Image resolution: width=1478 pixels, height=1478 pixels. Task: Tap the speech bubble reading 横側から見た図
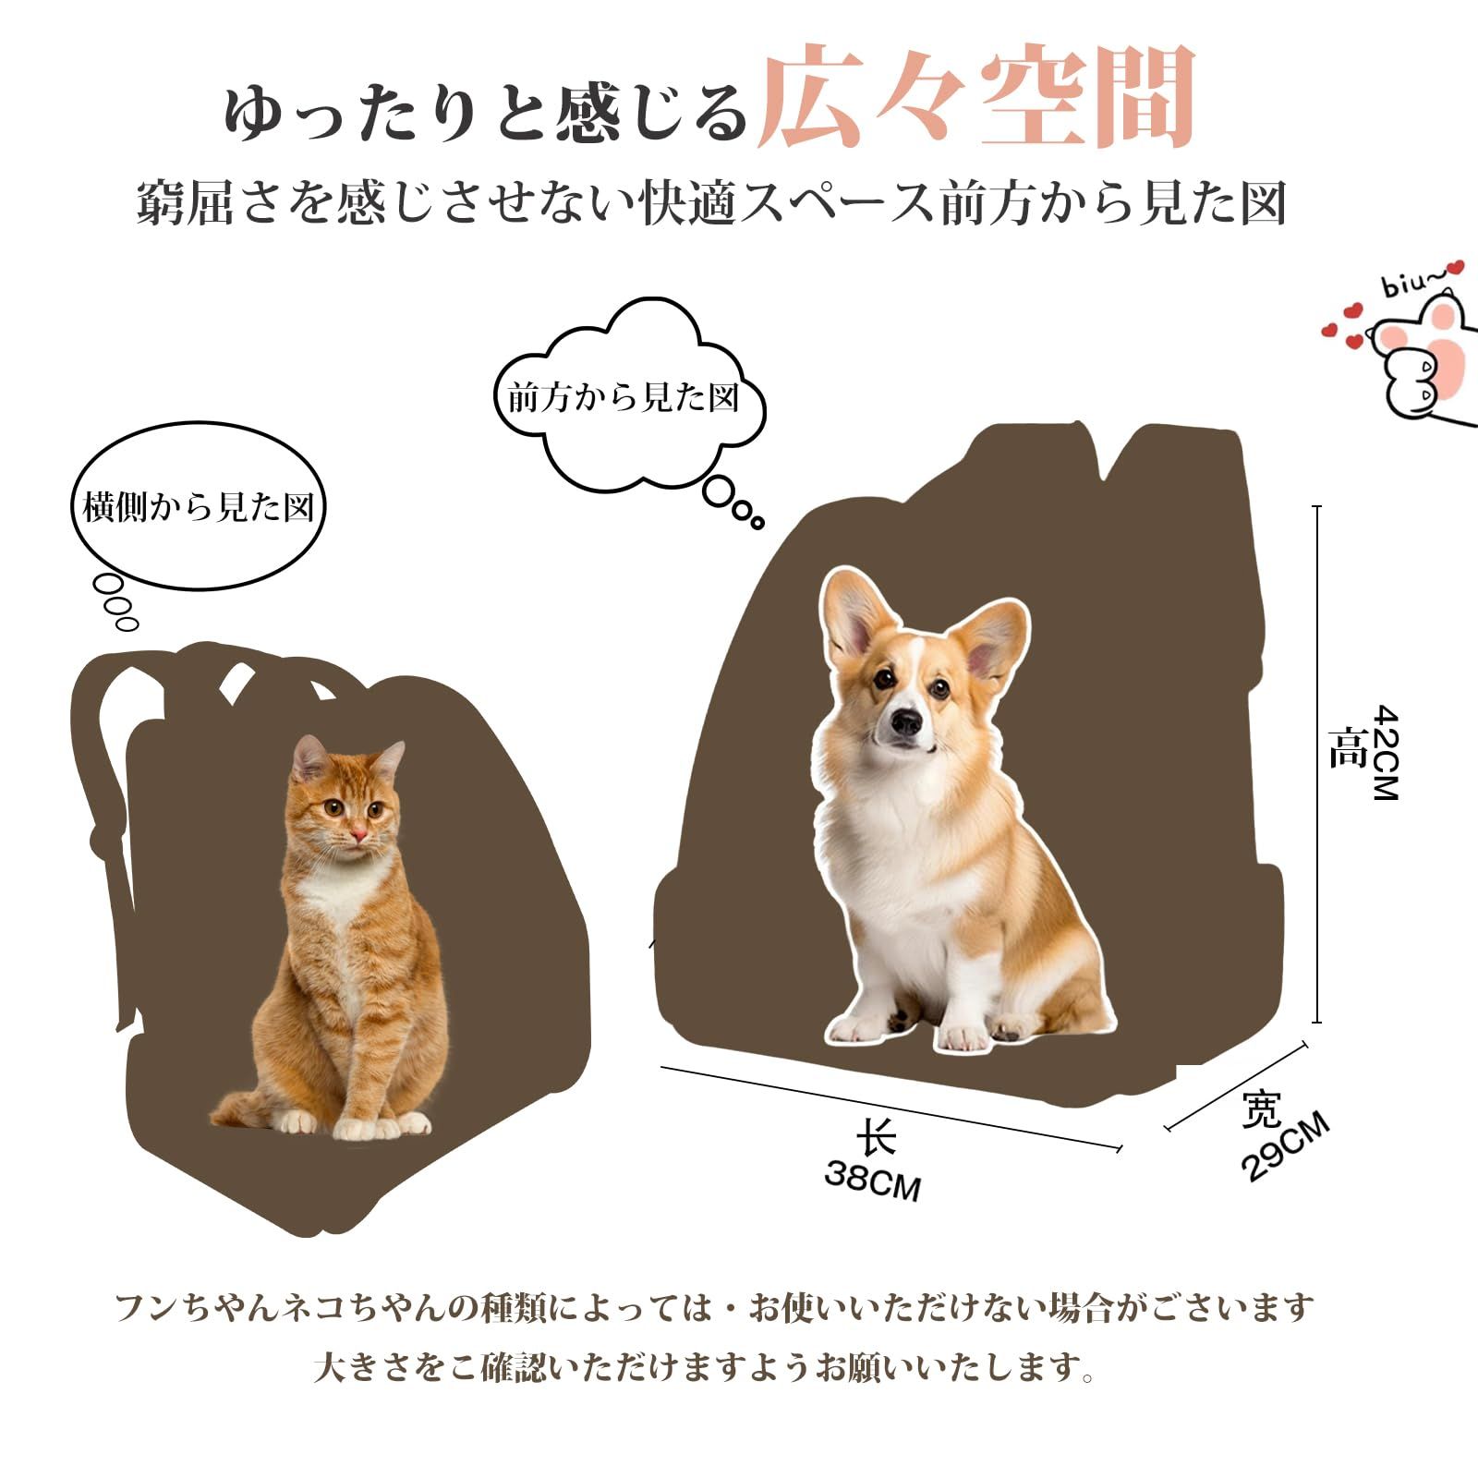click(199, 507)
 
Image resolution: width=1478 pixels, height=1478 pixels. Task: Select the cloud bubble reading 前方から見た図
click(624, 398)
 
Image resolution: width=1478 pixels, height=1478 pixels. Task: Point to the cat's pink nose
click(357, 837)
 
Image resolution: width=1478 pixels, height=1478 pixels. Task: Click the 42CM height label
click(1386, 752)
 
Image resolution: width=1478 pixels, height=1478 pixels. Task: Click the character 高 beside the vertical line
click(1347, 748)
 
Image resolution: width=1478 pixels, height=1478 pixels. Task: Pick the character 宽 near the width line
click(1261, 1109)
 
